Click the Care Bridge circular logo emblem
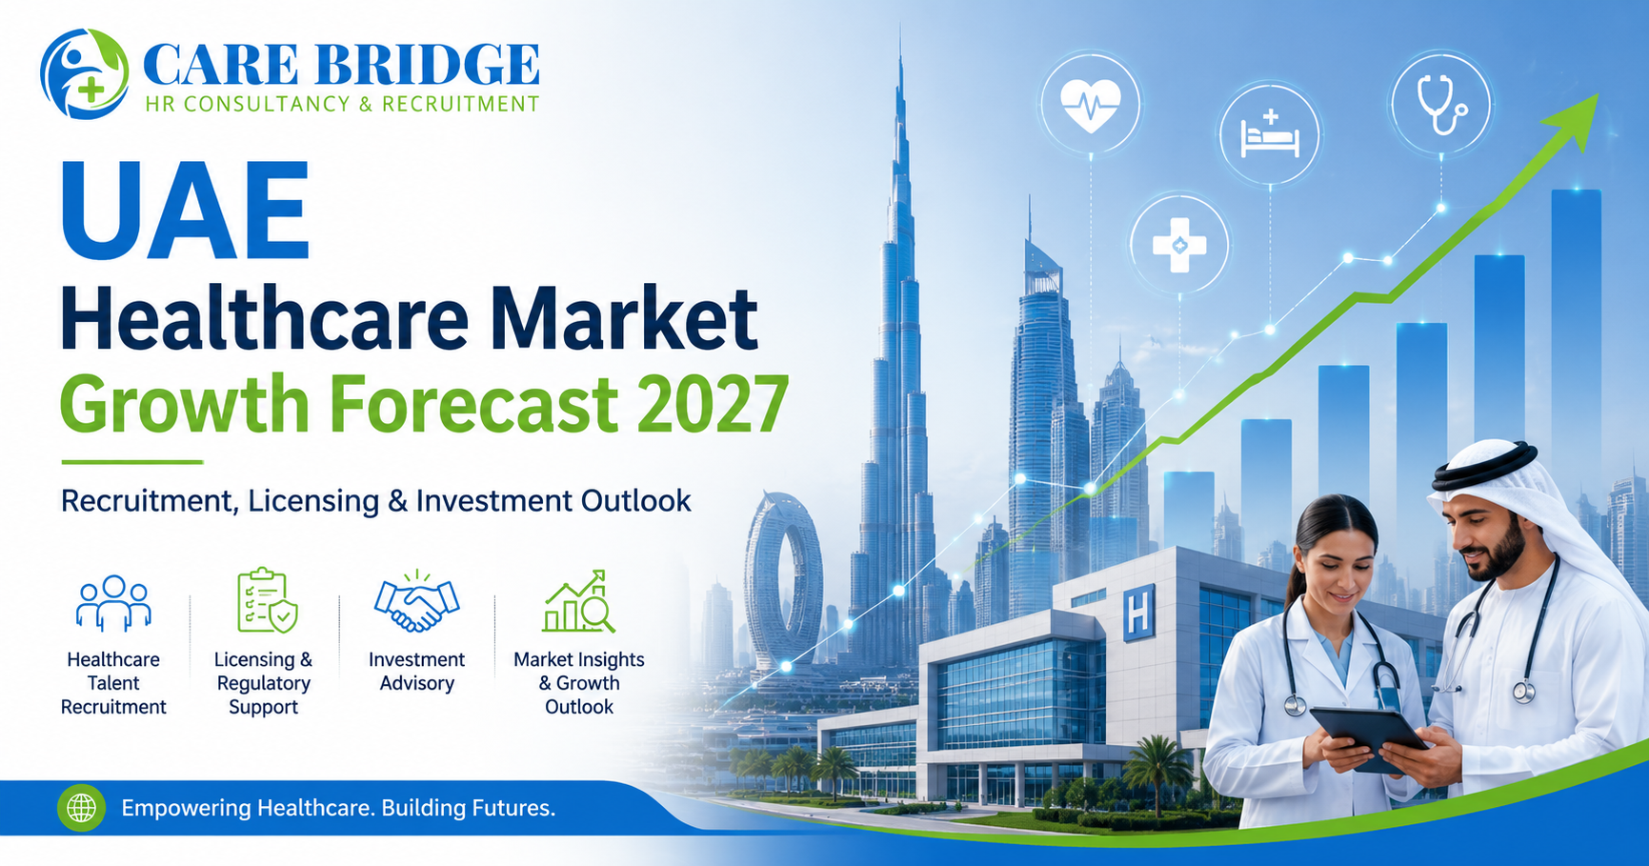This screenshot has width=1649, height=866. pyautogui.click(x=85, y=73)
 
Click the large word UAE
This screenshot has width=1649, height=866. pyautogui.click(x=185, y=211)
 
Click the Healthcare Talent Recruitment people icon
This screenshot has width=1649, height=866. pyautogui.click(x=113, y=603)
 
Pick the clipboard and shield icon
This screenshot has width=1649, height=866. pyautogui.click(x=266, y=600)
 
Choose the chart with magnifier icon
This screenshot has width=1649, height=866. pyautogui.click(x=578, y=601)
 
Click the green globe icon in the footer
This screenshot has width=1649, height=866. pyautogui.click(x=82, y=808)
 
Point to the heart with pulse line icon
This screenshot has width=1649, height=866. pyautogui.click(x=1090, y=103)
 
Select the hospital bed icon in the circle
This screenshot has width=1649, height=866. pyautogui.click(x=1270, y=134)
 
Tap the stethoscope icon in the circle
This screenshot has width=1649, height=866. pyautogui.click(x=1441, y=103)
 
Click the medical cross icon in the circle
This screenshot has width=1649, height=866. pyautogui.click(x=1179, y=245)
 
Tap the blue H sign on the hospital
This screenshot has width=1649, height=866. pyautogui.click(x=1139, y=613)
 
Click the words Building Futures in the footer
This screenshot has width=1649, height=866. pyautogui.click(x=468, y=808)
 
